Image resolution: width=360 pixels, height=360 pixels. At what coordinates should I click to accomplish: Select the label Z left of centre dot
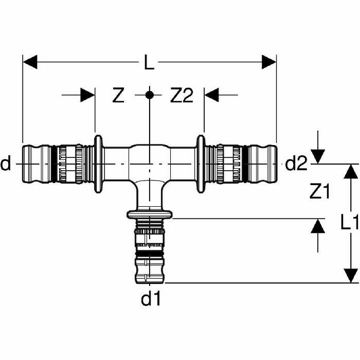(119, 96)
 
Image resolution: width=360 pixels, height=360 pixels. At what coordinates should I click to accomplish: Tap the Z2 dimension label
(182, 96)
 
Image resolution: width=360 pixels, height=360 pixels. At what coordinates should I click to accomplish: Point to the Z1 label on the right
(320, 192)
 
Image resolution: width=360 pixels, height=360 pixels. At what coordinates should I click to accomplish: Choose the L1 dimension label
(350, 223)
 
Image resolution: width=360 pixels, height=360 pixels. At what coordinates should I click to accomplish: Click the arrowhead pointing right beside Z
(87, 95)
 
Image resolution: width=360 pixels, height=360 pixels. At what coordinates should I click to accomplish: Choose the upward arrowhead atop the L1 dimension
(351, 172)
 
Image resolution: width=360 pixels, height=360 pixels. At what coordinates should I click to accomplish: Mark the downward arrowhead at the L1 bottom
(351, 275)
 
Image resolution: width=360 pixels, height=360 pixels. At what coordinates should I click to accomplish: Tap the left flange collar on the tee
(98, 165)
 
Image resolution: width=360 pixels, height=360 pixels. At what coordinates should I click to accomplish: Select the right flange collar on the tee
(201, 165)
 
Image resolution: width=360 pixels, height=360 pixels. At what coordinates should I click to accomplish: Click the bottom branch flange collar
(150, 214)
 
